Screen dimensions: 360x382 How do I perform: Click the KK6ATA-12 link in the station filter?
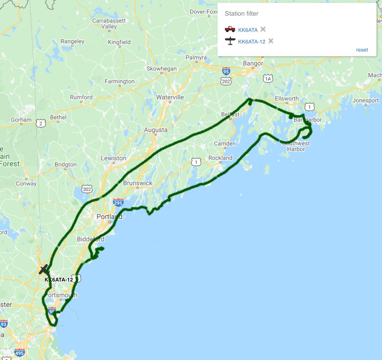[x=251, y=42]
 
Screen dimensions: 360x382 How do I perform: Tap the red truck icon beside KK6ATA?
[x=230, y=29]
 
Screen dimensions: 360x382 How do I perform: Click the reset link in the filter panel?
[x=362, y=50]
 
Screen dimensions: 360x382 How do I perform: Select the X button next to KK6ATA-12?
[x=271, y=41]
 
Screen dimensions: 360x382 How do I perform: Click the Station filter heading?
[x=241, y=14]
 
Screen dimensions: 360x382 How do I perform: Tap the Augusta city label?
[x=156, y=130]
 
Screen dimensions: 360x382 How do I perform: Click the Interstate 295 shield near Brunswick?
[x=118, y=203]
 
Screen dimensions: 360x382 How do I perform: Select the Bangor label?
[x=253, y=63]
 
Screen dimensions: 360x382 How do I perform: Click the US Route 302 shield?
[x=87, y=189]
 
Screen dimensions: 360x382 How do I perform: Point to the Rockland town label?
[x=220, y=158]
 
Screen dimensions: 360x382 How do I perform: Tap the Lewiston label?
[x=113, y=158]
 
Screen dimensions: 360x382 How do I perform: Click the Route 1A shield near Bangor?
[x=268, y=79]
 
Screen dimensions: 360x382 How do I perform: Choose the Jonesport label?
[x=365, y=100]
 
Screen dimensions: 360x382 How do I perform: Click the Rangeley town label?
[x=72, y=41]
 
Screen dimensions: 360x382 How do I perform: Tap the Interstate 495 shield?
[x=19, y=353]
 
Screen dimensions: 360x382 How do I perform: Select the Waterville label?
[x=170, y=97]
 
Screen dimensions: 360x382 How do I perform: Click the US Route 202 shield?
[x=226, y=81]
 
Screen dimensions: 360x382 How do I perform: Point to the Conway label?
[x=26, y=184]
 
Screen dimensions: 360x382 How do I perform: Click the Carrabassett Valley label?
[x=109, y=24]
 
